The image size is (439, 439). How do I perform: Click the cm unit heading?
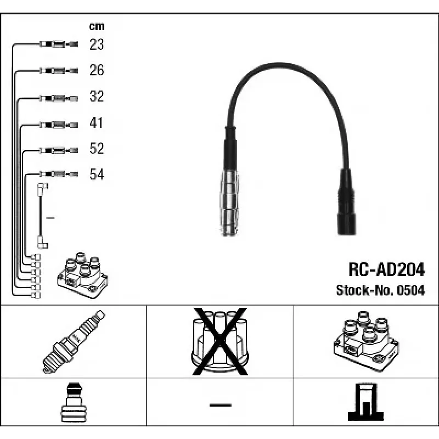pos(97,26)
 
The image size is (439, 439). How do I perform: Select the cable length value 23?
pos(97,44)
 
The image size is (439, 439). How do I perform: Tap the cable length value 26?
pos(97,70)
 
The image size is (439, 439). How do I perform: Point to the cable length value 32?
pos(97,96)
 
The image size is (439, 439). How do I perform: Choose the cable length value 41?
pos(97,122)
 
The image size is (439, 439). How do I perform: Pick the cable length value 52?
pos(97,148)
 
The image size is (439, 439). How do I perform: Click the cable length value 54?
pos(97,174)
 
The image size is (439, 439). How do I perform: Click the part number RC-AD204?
pos(386,269)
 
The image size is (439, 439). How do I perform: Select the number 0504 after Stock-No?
pos(411,290)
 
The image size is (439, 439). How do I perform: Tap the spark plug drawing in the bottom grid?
pos(74,341)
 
